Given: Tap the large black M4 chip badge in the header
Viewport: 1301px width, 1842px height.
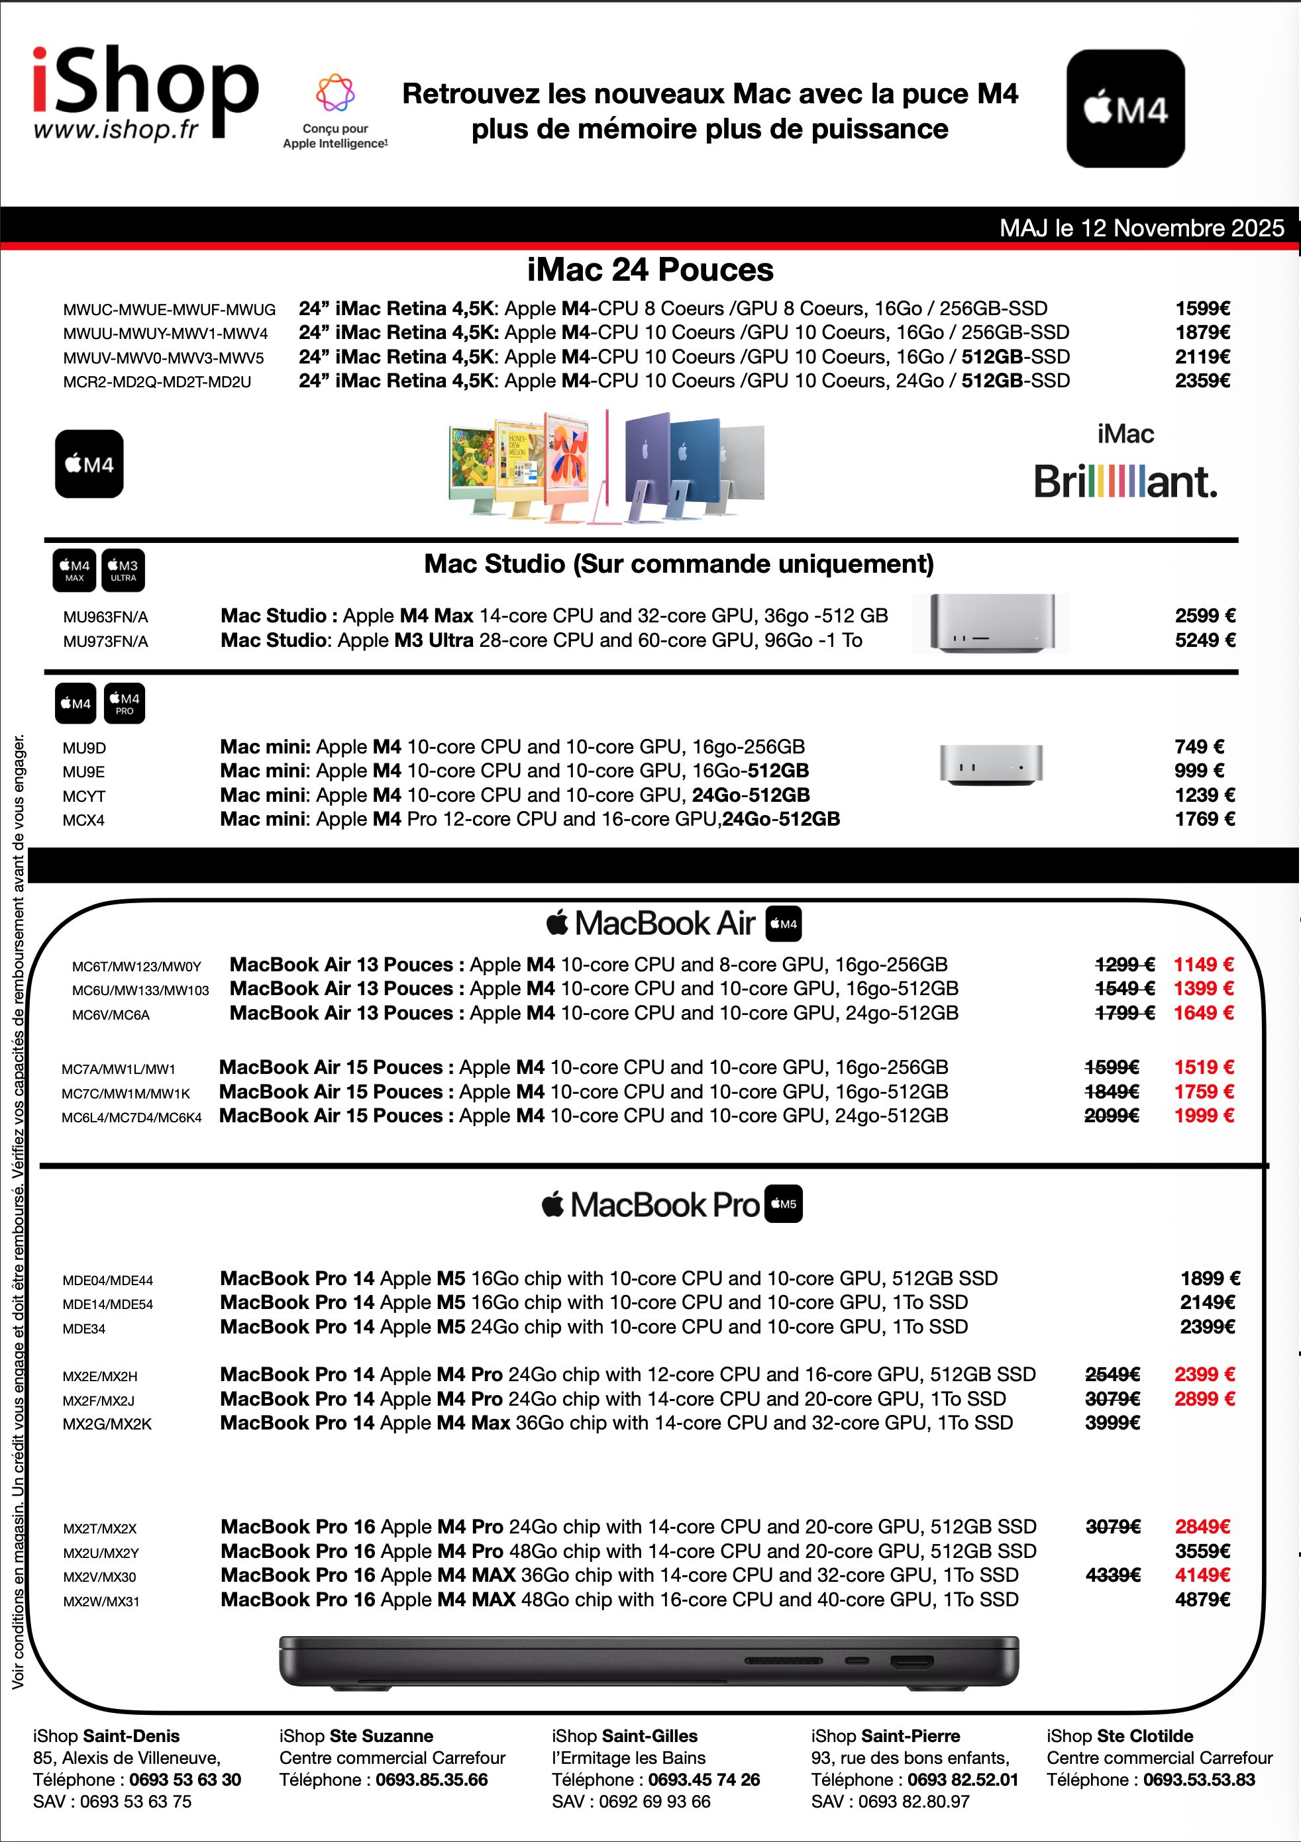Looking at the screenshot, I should (1125, 109).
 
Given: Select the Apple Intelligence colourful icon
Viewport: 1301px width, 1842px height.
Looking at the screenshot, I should (335, 93).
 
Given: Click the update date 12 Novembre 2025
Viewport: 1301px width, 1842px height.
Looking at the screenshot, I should (1141, 228).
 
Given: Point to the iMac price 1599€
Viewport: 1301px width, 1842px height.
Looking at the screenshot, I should (1202, 309).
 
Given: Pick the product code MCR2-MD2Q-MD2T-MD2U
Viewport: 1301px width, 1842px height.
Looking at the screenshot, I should (157, 382).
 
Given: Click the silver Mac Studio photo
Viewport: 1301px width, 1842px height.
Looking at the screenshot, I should (990, 623).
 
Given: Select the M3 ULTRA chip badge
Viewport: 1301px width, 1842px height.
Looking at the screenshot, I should (124, 570).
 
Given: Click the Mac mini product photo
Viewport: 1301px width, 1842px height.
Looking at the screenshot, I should (991, 764).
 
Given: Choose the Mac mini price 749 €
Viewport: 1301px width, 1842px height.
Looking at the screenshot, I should (1199, 747).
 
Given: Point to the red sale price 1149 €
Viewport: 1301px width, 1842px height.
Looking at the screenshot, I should (1203, 964).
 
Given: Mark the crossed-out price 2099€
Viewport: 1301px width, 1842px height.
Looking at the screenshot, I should (1112, 1115).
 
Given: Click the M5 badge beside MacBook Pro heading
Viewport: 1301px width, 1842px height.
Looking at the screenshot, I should (784, 1204).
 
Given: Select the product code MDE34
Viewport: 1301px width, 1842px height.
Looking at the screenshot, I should (84, 1329).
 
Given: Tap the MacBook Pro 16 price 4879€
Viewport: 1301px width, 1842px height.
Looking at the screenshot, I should (1202, 1599).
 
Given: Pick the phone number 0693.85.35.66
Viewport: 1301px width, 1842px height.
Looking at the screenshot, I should (432, 1779).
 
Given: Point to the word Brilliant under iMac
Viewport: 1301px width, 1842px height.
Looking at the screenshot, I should (1125, 482).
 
